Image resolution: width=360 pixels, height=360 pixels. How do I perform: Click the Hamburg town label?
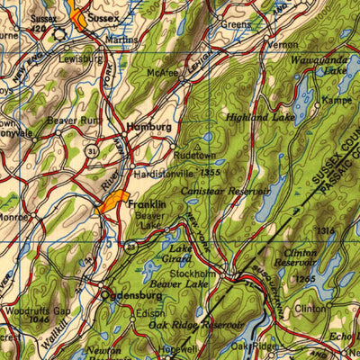coord(148,128)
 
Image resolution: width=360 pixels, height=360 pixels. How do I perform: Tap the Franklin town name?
coord(147,205)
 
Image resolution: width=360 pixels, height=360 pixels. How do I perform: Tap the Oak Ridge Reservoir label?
coord(196,324)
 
